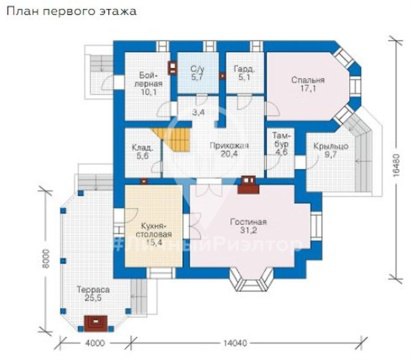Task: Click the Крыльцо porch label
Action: [329, 151]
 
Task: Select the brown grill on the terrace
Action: [96, 321]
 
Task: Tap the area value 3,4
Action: [199, 113]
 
